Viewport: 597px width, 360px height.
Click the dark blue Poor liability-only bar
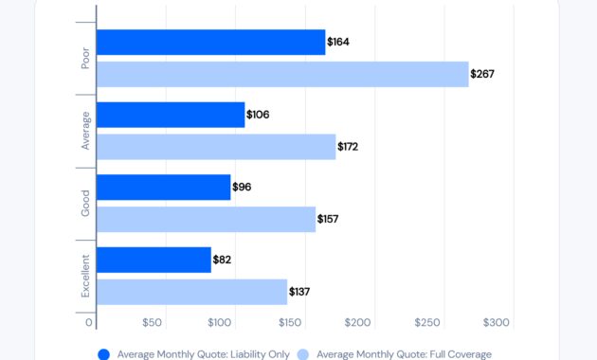click(210, 43)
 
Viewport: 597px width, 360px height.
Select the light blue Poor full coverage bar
click(282, 74)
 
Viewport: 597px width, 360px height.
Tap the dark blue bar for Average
click(171, 115)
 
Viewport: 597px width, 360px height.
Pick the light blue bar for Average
click(216, 147)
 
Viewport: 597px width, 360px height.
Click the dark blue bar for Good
click(163, 188)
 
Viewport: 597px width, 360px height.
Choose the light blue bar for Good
click(206, 219)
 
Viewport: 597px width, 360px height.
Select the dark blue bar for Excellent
click(154, 260)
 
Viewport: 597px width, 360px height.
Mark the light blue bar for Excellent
click(191, 292)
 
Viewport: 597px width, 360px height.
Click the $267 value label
click(483, 74)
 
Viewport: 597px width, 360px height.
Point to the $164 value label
click(338, 43)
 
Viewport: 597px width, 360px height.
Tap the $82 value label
click(224, 260)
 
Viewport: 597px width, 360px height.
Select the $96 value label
click(242, 188)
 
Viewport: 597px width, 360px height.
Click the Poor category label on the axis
click(85, 57)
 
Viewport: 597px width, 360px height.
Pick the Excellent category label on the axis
click(85, 276)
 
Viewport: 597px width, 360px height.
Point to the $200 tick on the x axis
click(358, 323)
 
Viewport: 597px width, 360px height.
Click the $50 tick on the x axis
click(152, 323)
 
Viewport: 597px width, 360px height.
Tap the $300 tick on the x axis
click(497, 323)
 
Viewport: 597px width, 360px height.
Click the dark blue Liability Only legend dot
click(103, 354)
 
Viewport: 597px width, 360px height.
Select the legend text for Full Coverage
click(404, 354)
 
